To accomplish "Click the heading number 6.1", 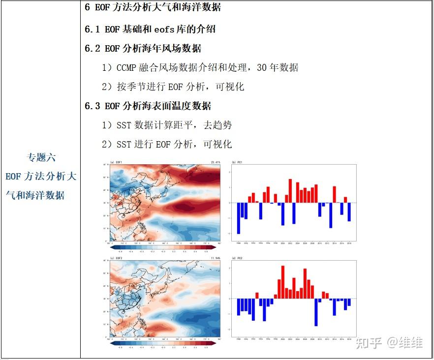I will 93,29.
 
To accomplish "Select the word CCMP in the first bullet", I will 127,67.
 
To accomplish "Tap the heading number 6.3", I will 93,106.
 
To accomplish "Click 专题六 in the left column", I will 41,157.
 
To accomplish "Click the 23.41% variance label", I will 215,162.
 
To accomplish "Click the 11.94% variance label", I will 215,258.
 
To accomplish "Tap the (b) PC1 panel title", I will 237,162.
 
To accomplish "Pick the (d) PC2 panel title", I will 237,258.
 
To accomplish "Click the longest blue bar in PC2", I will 316,312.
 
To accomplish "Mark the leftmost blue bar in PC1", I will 239,218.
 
